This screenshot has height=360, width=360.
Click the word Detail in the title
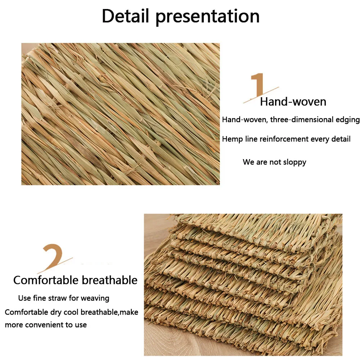coord(125,16)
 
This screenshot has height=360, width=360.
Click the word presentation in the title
coord(208,17)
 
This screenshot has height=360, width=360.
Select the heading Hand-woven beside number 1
coord(293,102)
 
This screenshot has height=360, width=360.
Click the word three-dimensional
coord(302,120)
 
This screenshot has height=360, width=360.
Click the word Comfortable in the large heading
coord(46,280)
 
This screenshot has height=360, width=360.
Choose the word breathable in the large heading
coord(109,280)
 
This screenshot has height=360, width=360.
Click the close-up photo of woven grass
coord(121,114)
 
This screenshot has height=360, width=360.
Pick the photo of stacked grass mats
coord(243,285)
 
